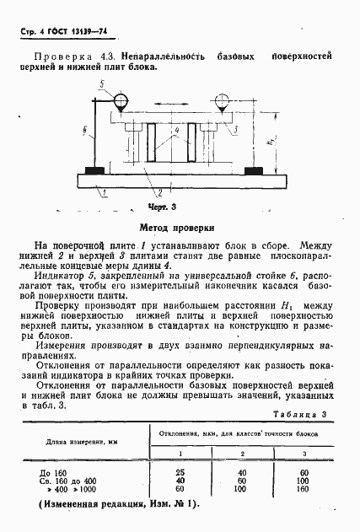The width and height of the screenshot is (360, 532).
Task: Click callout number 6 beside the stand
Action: [x=86, y=131]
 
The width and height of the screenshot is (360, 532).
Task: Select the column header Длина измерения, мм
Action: [x=81, y=441]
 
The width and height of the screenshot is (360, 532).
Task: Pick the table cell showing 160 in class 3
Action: [x=303, y=489]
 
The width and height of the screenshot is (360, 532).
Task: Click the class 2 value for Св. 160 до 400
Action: [x=242, y=481]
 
